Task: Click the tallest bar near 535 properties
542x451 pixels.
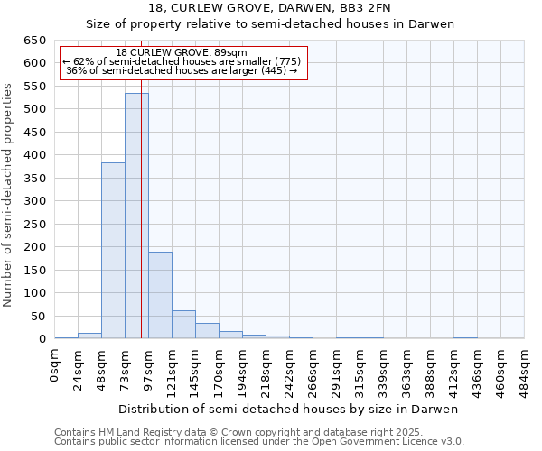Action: [136, 216]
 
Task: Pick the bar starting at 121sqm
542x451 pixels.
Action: [183, 325]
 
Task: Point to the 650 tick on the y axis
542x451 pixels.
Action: [36, 41]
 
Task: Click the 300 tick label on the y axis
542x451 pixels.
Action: [36, 201]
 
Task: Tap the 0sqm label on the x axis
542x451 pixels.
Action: [55, 365]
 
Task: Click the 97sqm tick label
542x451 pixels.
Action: [149, 368]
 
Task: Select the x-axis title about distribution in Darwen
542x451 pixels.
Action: [288, 409]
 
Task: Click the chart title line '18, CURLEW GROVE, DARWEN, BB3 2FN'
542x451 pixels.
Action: [270, 8]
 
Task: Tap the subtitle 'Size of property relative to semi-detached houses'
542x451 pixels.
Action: [270, 24]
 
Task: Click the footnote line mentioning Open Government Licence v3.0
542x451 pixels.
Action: [259, 442]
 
